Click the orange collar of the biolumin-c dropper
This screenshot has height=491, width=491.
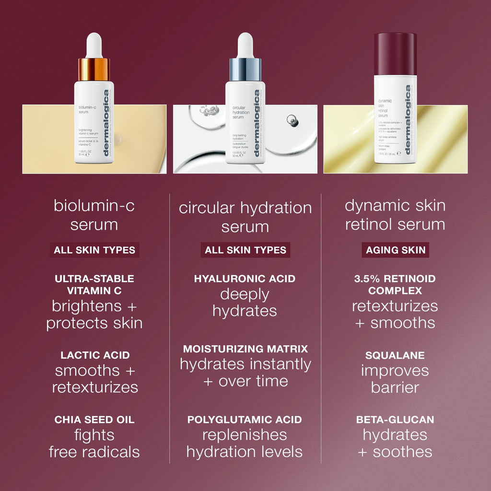pyautogui.click(x=94, y=70)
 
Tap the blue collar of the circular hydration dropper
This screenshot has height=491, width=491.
pyautogui.click(x=245, y=70)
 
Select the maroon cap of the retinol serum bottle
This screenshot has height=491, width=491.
pyautogui.click(x=395, y=54)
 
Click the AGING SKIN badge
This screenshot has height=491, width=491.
pyautogui.click(x=395, y=250)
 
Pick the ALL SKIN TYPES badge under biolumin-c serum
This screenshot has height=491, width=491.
pyautogui.click(x=94, y=250)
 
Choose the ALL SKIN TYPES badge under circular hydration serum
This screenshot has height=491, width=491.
pyautogui.click(x=245, y=250)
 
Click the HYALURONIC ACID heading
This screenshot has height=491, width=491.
pyautogui.click(x=245, y=279)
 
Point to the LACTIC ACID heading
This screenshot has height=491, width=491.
pyautogui.click(x=95, y=355)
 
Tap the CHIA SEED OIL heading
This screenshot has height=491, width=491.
pyautogui.click(x=94, y=420)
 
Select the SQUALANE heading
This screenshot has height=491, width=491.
pyautogui.click(x=395, y=355)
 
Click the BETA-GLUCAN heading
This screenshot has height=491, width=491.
pyautogui.click(x=395, y=420)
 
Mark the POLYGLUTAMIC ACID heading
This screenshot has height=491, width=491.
pyautogui.click(x=245, y=420)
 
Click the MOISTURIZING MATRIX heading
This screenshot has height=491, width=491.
pyautogui.click(x=245, y=349)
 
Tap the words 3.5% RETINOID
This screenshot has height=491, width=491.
pyautogui.click(x=395, y=279)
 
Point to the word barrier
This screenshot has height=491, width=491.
pyautogui.click(x=395, y=387)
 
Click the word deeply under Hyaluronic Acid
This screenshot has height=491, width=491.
pyautogui.click(x=245, y=294)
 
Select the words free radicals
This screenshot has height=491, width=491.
pyautogui.click(x=94, y=452)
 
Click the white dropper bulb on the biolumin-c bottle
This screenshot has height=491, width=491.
pyautogui.click(x=94, y=46)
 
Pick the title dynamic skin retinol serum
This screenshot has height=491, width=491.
pyautogui.click(x=395, y=215)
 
